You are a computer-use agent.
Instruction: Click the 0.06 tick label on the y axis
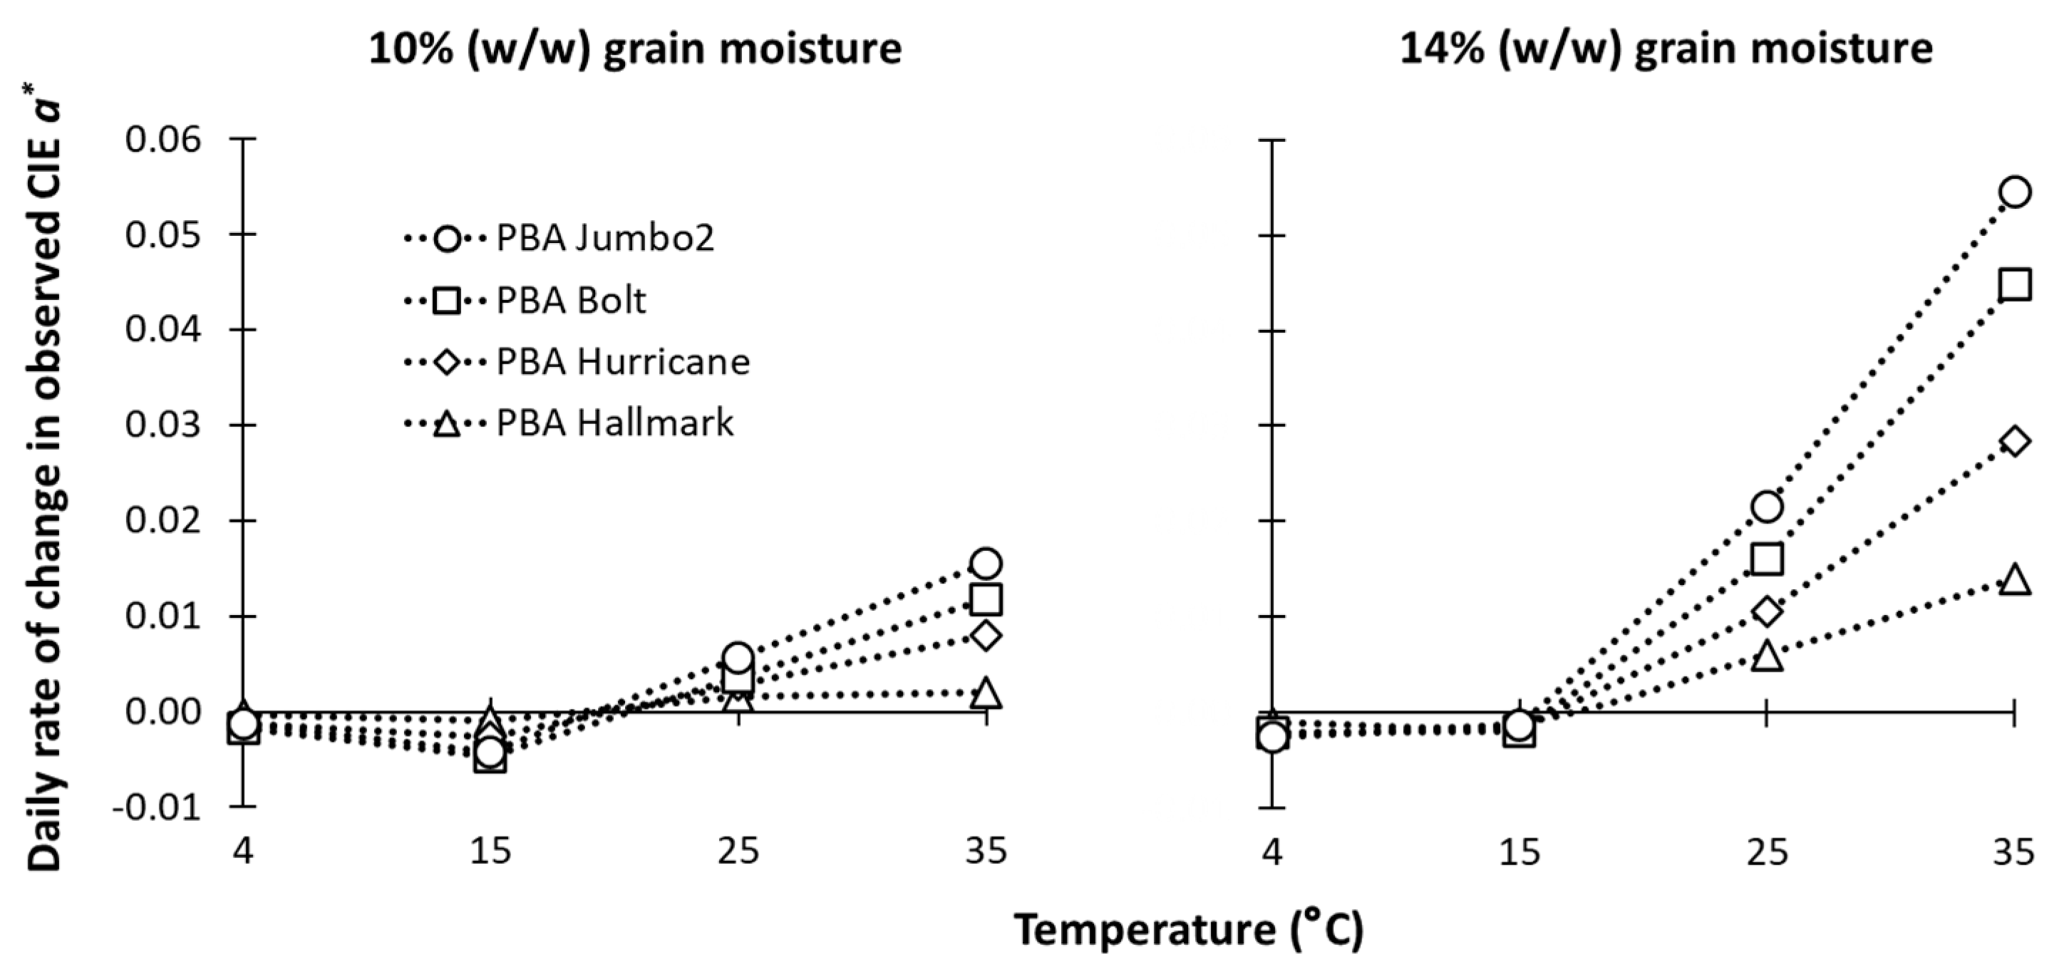click(x=163, y=139)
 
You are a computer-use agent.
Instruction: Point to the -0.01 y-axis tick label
click(x=157, y=807)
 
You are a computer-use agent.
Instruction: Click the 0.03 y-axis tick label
click(x=163, y=425)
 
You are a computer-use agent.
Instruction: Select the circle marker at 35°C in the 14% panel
click(x=2014, y=192)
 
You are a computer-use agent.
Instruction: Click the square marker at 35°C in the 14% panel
click(x=2014, y=284)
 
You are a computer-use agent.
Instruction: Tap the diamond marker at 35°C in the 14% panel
click(x=2014, y=441)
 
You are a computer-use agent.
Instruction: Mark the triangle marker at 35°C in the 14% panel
click(x=2014, y=579)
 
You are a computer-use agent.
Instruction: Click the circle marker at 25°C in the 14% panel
click(x=1767, y=506)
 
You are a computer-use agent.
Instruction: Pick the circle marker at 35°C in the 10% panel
click(x=986, y=563)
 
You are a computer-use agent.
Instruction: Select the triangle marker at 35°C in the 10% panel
click(x=986, y=693)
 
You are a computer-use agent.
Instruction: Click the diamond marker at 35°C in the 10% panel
click(x=986, y=636)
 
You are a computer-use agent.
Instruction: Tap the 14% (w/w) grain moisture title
click(x=1666, y=48)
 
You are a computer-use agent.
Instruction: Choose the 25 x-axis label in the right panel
click(x=1767, y=852)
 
